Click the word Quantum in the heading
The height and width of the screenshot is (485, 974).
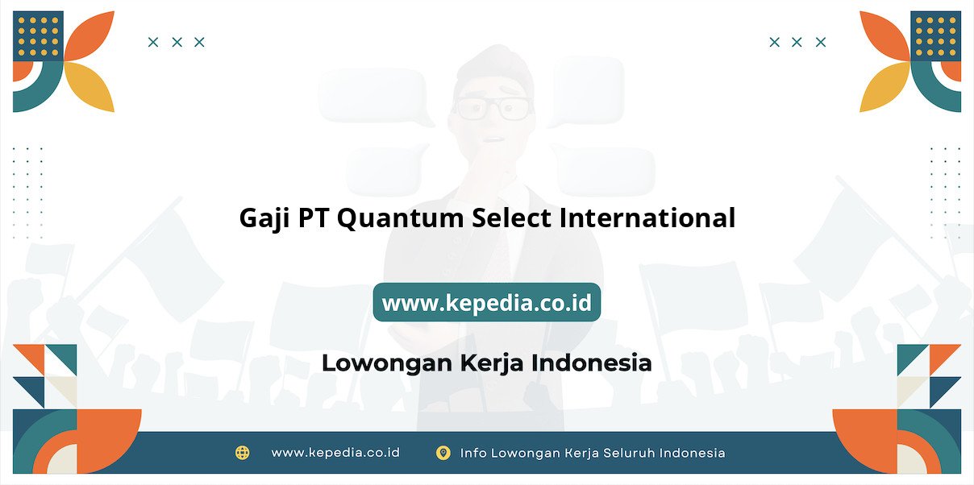[401, 218]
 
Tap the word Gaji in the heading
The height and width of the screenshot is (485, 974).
[264, 218]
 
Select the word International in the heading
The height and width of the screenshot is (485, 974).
[647, 218]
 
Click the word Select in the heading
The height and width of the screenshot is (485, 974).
[511, 218]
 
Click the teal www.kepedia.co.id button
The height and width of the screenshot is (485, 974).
[486, 302]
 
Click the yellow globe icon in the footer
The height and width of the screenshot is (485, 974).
[242, 453]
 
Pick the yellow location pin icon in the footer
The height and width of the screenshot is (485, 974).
[443, 453]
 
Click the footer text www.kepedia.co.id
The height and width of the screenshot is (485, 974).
[335, 453]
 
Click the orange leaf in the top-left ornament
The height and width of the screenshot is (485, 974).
[90, 35]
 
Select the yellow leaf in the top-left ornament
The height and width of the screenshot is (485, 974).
[90, 86]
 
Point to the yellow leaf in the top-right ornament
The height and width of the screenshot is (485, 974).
[884, 86]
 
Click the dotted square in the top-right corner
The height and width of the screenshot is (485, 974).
[936, 36]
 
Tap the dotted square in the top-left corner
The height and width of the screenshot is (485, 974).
[38, 36]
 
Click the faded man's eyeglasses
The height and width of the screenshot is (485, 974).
[493, 108]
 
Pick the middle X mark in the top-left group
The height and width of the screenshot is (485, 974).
[177, 42]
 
